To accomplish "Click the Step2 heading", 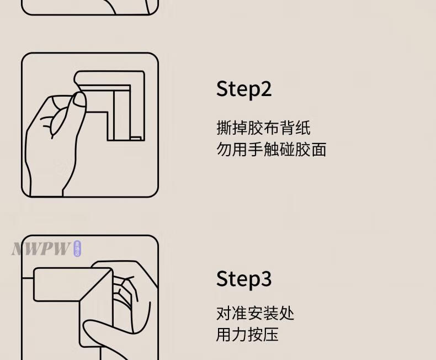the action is tap(244, 89).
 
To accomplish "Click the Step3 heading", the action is tap(244, 279).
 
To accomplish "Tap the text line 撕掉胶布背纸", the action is tap(263, 128).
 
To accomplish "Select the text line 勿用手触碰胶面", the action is tap(271, 149).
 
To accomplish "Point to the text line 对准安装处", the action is tap(256, 314).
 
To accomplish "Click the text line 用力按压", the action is tap(247, 335).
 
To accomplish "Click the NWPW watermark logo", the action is tap(41, 248).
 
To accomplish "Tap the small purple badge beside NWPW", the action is tap(77, 248).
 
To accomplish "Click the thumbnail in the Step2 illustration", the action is tap(79, 99).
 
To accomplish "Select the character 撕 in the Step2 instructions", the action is tap(224, 128).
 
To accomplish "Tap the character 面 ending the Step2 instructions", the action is tap(318, 149).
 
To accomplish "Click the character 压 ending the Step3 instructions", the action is tap(271, 335).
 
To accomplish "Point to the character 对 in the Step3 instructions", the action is tap(224, 314).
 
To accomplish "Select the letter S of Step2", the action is tap(222, 89).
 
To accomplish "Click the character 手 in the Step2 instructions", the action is tap(256, 149).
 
